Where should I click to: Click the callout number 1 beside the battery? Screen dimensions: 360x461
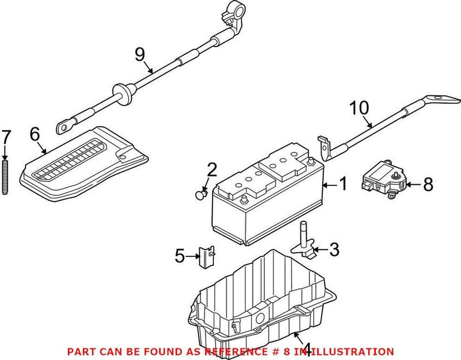coord(342,184)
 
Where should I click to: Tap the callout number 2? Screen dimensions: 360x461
coord(212,169)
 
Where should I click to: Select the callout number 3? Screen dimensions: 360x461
coord(335,249)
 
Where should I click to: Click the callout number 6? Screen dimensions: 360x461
coord(34,135)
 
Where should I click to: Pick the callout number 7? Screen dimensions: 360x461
coord(6,137)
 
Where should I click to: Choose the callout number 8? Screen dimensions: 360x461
coord(428,184)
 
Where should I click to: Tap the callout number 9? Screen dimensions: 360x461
coord(139,54)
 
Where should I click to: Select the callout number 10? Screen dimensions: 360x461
coord(358,107)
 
